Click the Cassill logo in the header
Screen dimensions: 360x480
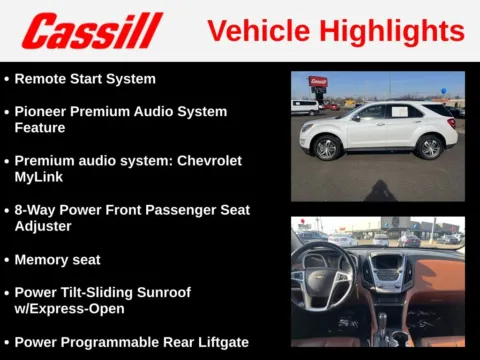[x=92, y=31]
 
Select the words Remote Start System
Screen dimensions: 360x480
[x=85, y=78]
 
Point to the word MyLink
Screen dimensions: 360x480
[x=43, y=177]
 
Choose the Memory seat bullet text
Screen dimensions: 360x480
[x=57, y=260]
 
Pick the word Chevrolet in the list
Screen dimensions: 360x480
[x=206, y=161]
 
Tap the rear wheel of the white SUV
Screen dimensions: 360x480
[x=431, y=148]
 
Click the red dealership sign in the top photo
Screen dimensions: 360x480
[x=318, y=82]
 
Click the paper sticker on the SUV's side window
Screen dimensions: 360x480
[x=400, y=111]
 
